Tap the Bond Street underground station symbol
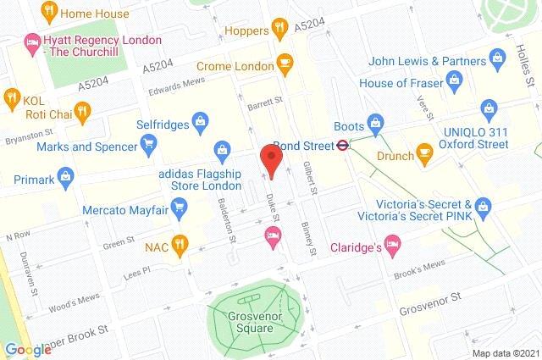coord(340,144)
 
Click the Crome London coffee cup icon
coord(285,65)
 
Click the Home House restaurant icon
coord(50,12)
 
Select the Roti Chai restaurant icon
coord(81,109)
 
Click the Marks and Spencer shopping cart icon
coord(148,143)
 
